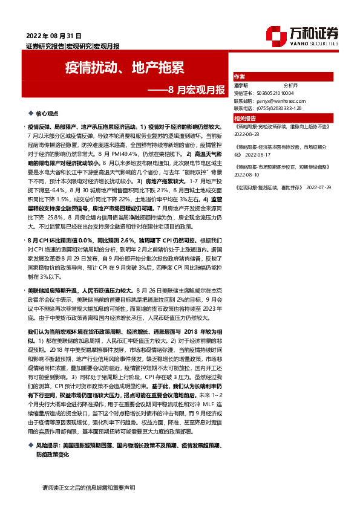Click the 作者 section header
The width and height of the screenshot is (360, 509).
[x=240, y=77]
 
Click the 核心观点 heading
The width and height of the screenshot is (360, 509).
[x=47, y=114]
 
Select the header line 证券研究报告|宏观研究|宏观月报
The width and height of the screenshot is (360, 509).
[x=73, y=46]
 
